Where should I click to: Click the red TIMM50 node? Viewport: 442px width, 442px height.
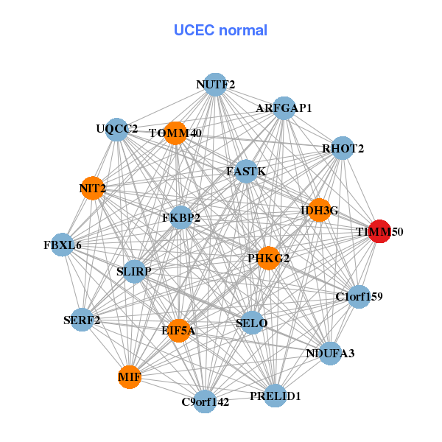click(379, 231)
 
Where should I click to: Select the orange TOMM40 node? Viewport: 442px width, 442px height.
click(176, 133)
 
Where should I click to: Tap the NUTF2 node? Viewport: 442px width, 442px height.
click(215, 85)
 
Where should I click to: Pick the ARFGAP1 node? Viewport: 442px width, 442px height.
click(284, 108)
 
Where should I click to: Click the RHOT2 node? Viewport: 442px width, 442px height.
click(343, 148)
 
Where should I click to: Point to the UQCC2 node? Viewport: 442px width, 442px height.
click(116, 130)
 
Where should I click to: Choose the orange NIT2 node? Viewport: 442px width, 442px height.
click(92, 189)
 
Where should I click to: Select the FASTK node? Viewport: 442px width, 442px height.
click(246, 172)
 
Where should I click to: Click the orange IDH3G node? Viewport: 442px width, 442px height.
click(319, 210)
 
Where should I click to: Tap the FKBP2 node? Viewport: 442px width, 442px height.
click(181, 218)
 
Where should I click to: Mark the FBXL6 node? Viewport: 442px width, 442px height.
click(63, 245)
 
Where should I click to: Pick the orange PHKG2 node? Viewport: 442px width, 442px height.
click(268, 258)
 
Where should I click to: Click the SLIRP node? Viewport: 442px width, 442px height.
click(134, 272)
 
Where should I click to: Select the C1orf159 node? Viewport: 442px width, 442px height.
click(359, 297)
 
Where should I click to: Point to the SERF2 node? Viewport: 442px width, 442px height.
click(82, 320)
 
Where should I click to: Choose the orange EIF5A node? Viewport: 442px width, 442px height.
click(178, 331)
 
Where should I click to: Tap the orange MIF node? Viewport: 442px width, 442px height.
click(129, 377)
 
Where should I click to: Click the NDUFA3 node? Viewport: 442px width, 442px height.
click(330, 354)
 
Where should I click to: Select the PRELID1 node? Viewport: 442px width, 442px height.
click(275, 396)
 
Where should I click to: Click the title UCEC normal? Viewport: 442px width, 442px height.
click(220, 30)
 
